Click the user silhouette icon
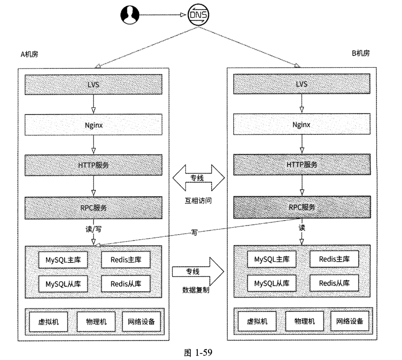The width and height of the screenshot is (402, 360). tap(129, 15)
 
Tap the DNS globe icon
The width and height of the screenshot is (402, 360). tap(198, 15)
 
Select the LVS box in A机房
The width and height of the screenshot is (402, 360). tap(93, 84)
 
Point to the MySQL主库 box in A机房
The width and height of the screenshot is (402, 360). tap(63, 260)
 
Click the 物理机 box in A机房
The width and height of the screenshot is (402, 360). tap(93, 322)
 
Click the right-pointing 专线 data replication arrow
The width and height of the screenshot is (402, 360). tap(198, 272)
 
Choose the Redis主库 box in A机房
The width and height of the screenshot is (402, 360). tap(126, 260)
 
